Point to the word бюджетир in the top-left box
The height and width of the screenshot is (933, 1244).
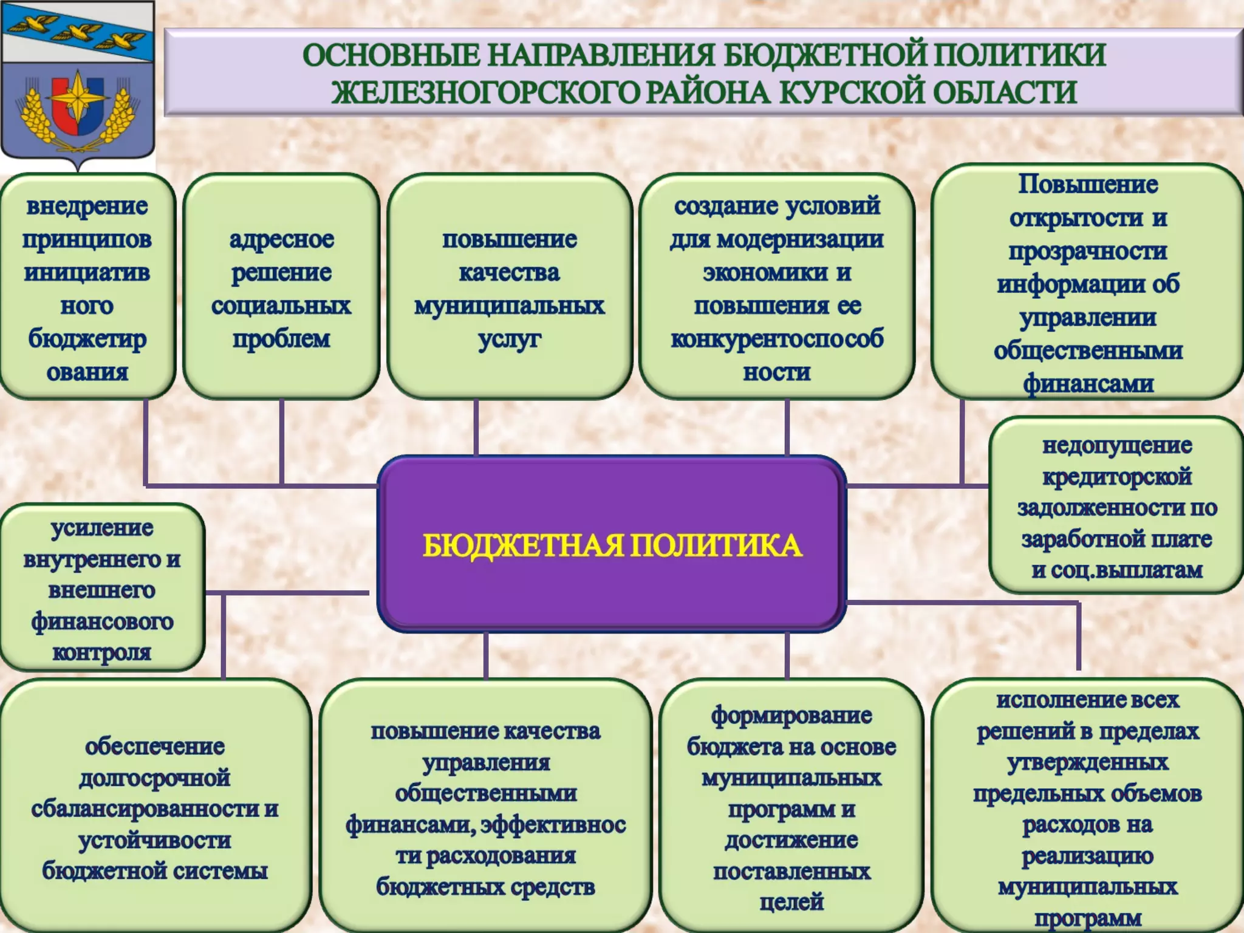[x=87, y=339]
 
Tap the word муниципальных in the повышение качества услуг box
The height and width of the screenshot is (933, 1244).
[x=509, y=306]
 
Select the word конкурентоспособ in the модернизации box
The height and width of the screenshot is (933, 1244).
[x=777, y=339]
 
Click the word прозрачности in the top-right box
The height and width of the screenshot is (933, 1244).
[x=1087, y=251]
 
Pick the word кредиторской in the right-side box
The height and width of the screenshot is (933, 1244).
[x=1117, y=477]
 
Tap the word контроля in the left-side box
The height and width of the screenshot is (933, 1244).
[x=102, y=652]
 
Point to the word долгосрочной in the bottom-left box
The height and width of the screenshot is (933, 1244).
[x=155, y=778]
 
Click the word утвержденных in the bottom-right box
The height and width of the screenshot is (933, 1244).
[x=1087, y=762]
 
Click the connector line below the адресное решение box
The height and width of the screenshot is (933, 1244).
[x=281, y=440]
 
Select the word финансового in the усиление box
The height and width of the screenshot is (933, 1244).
[x=102, y=621]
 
